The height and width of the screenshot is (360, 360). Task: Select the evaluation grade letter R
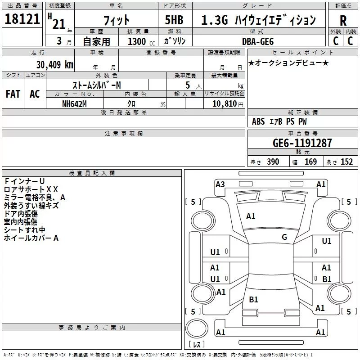pyautogui.click(x=343, y=21)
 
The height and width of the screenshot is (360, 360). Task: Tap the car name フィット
pyautogui.click(x=116, y=20)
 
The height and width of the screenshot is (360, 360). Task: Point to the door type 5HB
pyautogui.click(x=174, y=20)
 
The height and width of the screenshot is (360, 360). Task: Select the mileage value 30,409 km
pyautogui.click(x=54, y=64)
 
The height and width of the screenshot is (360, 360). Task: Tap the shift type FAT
pyautogui.click(x=13, y=94)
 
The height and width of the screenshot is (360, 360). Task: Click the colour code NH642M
pyautogui.click(x=75, y=103)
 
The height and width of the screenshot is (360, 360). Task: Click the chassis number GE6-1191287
pyautogui.click(x=302, y=143)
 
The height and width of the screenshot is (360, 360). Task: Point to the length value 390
pyautogui.click(x=273, y=162)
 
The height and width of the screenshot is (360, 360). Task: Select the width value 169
pyautogui.click(x=310, y=162)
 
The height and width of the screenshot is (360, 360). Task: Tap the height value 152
pyautogui.click(x=346, y=162)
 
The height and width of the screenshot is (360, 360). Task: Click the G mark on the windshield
pyautogui.click(x=284, y=237)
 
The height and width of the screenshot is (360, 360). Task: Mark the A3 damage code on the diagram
pyautogui.click(x=220, y=184)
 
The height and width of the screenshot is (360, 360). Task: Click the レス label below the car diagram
pyautogui.click(x=197, y=344)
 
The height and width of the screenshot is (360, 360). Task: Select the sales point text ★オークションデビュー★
pyautogui.click(x=288, y=63)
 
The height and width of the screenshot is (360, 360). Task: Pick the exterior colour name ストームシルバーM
pyautogui.click(x=96, y=85)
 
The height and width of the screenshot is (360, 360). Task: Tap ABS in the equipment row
pyautogui.click(x=258, y=121)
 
